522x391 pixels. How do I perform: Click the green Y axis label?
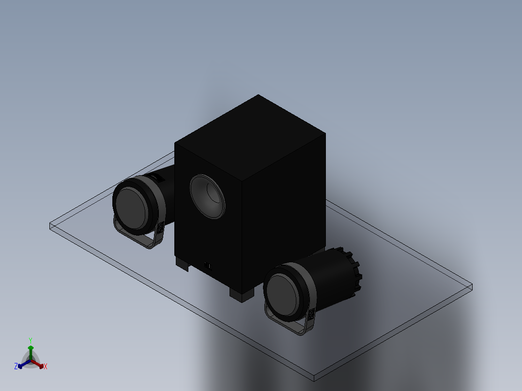pyautogui.click(x=30, y=340)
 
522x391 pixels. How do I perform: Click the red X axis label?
pyautogui.click(x=46, y=367)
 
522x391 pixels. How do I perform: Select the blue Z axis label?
pyautogui.click(x=16, y=366)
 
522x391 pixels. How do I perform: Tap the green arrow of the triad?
pyautogui.click(x=31, y=349)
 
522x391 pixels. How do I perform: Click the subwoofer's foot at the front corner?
pyautogui.click(x=241, y=294)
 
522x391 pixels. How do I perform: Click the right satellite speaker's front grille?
pyautogui.click(x=283, y=295)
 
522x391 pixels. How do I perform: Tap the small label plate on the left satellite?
pyautogui.click(x=161, y=228)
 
